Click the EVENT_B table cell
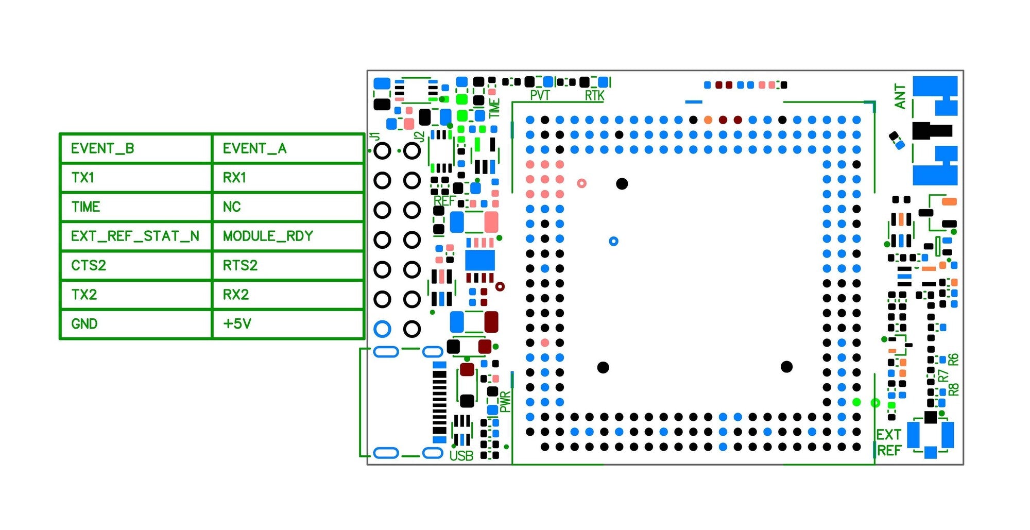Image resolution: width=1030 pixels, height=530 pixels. [x=135, y=149]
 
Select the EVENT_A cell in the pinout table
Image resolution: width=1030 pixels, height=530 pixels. [x=287, y=149]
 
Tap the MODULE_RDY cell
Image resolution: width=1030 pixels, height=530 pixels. [x=287, y=236]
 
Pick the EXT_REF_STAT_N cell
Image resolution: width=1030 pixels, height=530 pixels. [x=135, y=236]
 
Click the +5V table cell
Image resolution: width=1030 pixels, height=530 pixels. [x=287, y=324]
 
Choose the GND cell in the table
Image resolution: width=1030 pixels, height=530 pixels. [x=135, y=324]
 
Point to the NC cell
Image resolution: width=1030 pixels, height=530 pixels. [x=287, y=207]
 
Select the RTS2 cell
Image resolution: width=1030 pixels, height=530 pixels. [x=287, y=266]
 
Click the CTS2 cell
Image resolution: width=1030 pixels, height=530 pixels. [x=135, y=266]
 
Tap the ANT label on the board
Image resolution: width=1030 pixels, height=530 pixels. [x=900, y=97]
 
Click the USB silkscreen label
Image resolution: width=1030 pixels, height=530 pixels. [x=461, y=456]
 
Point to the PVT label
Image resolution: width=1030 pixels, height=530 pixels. [x=540, y=95]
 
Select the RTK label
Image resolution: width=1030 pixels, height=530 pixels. [x=594, y=95]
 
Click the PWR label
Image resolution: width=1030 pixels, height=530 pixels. [x=505, y=402]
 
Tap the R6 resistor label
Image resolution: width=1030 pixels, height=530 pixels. [x=953, y=360]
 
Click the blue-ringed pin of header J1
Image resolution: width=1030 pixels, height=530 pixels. [x=382, y=329]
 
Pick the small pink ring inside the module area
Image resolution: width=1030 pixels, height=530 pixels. [x=581, y=183]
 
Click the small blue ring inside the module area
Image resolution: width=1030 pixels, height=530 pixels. [x=613, y=241]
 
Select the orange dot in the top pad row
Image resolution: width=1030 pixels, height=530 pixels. [x=708, y=120]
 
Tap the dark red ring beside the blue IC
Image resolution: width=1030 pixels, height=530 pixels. [x=500, y=286]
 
